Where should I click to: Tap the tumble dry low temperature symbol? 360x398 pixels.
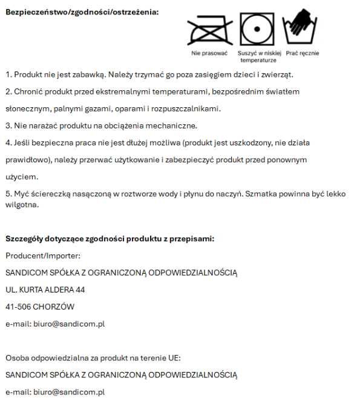pos(257,28)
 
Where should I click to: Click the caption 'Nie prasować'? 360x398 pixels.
pos(209,53)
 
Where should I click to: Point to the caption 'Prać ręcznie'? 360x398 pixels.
pos(303,53)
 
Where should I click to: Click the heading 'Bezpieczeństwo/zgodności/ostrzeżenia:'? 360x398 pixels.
pos(82,12)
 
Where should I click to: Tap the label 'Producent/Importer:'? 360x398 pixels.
pos(42,256)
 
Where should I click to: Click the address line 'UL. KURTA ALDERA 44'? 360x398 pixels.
pos(45,290)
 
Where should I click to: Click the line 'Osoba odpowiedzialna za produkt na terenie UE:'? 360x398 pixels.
pos(93,357)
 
